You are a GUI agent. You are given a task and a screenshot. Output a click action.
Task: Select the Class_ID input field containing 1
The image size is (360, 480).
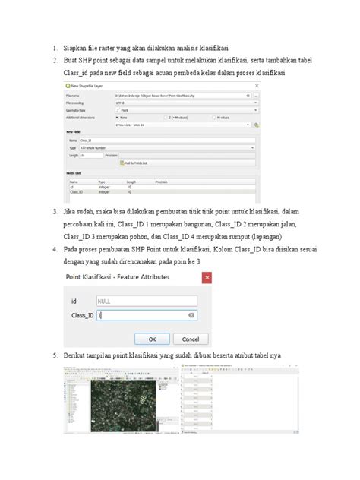coord(144,314)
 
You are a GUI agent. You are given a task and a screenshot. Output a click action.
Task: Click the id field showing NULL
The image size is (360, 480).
coord(144,300)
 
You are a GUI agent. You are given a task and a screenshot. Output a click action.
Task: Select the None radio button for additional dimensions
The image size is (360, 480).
coord(117,118)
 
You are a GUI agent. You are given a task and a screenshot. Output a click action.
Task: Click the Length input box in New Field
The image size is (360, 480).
coord(91,155)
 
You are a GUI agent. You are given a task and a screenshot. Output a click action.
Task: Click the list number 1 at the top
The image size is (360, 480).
coord(54,47)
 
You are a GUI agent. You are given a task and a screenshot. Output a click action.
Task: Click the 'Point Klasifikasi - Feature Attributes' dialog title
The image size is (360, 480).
coord(121,278)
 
